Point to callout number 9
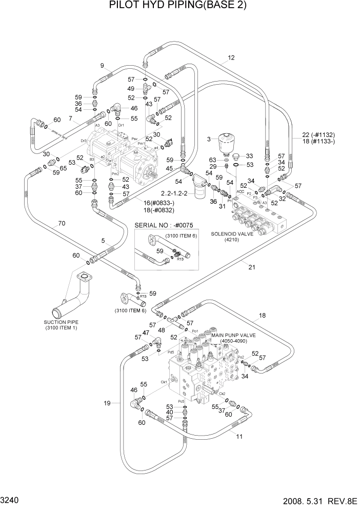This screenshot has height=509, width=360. [x=102, y=65]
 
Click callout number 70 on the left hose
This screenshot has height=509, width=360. [x=62, y=223]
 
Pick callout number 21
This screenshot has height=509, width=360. [x=251, y=266]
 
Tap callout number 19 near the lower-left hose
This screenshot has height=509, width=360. [x=107, y=403]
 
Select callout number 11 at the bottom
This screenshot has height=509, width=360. [x=239, y=436]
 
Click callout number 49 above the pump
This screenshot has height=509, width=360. [x=131, y=89]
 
